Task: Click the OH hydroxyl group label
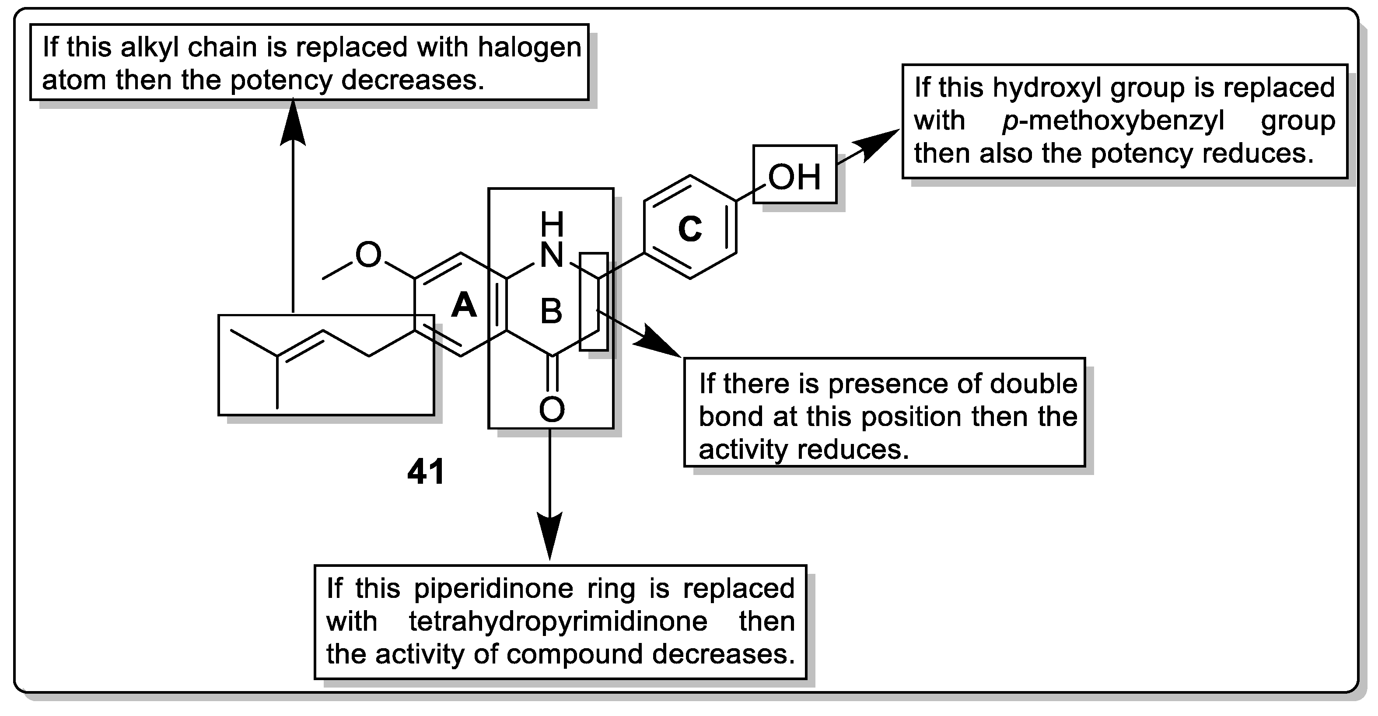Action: (x=794, y=177)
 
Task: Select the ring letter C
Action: (x=689, y=229)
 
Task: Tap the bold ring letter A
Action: (x=463, y=306)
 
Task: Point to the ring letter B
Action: (x=551, y=311)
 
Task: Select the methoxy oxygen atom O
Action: (x=368, y=255)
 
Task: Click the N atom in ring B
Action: (x=552, y=255)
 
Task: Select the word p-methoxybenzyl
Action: (x=1112, y=121)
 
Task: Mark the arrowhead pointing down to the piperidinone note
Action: (x=550, y=537)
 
